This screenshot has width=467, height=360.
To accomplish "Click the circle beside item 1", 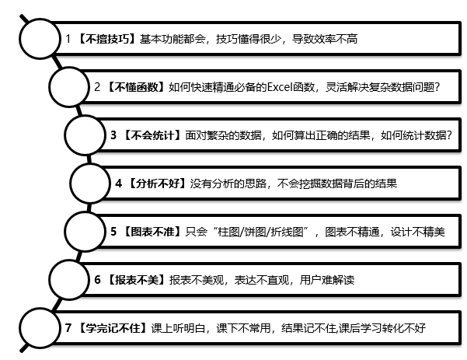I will [40, 39].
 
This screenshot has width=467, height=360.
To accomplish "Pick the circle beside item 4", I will [91, 183].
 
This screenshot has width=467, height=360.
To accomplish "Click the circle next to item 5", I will [86, 232].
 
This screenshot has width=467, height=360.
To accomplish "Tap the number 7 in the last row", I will [69, 328].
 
